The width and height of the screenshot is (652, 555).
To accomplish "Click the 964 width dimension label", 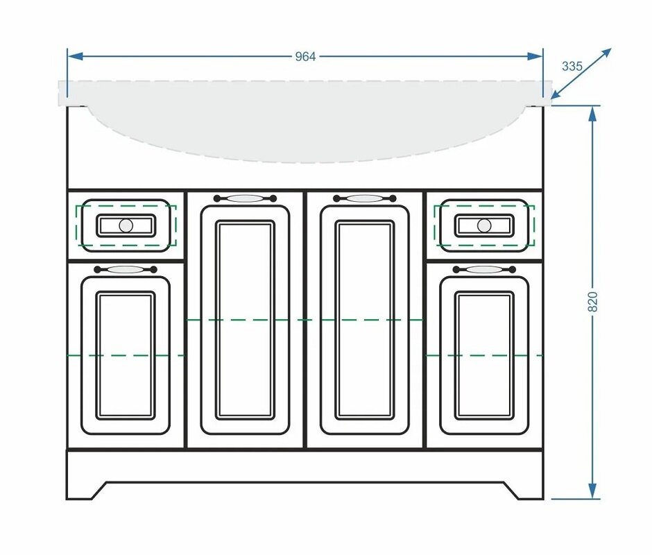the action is pos(305,57).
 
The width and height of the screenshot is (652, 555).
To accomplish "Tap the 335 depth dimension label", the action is pos(572,66).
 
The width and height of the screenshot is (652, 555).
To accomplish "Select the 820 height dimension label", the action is pos(593,302).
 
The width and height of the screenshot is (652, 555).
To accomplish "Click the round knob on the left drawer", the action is pos(126,225).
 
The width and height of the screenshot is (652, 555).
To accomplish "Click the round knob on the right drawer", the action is pos(484,225).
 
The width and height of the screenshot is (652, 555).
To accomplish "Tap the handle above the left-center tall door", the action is pos(245,198).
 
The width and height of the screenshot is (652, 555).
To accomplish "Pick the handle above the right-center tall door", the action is pos(365,198).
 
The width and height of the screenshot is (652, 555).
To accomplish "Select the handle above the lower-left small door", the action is pos(126,270).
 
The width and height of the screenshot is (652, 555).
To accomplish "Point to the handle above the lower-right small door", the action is pos(484,270).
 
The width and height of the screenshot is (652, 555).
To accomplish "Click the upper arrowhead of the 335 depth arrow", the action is pos(607,53).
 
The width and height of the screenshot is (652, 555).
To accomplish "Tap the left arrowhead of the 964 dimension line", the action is pos(75,56).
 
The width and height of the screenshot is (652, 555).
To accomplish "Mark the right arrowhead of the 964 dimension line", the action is pos(535,56).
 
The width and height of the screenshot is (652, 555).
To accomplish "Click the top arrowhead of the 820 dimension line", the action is pos(593,113).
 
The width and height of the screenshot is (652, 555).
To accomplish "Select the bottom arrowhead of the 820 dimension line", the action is pos(593,491).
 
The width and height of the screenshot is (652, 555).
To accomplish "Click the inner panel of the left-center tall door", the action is pos(245,320).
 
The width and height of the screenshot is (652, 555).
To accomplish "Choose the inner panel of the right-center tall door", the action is pos(365,320).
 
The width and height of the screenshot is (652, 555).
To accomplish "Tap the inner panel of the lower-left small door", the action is pos(126,356).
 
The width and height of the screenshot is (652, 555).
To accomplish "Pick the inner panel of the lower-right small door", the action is pos(484,356).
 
